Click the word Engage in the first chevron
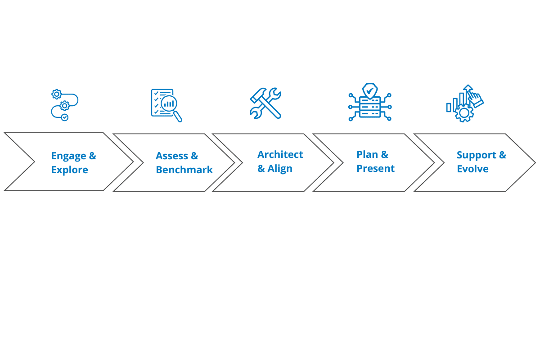pyautogui.click(x=68, y=156)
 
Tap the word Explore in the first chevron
pyautogui.click(x=69, y=170)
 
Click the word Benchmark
pyautogui.click(x=184, y=170)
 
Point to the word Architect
pyautogui.click(x=280, y=154)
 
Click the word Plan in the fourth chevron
pyautogui.click(x=367, y=155)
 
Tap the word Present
pyautogui.click(x=375, y=169)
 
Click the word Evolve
pyautogui.click(x=472, y=169)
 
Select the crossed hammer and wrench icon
pyautogui.click(x=266, y=103)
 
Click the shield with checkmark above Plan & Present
pyautogui.click(x=369, y=90)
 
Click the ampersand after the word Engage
pyautogui.click(x=92, y=156)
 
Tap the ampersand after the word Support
pyautogui.click(x=502, y=155)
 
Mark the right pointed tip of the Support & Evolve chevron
pyautogui.click(x=535, y=162)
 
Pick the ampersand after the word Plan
pyautogui.click(x=385, y=155)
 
